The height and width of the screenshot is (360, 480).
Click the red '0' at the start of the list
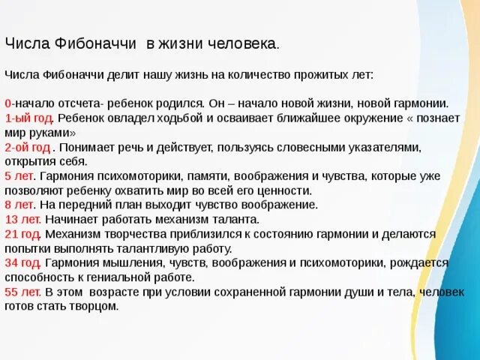click(7, 103)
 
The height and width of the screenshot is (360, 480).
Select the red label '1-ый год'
click(28, 118)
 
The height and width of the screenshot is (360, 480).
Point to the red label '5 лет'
click(18, 175)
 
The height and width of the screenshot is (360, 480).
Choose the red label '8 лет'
click(18, 204)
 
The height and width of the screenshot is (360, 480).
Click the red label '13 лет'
click(21, 219)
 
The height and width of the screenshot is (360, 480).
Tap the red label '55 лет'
click(21, 291)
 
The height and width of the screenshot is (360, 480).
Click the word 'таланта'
click(234, 219)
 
